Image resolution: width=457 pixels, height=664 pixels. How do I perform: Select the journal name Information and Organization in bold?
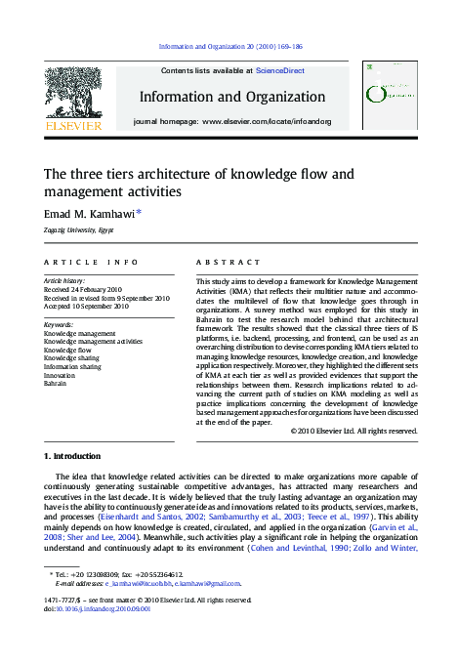coord(231,97)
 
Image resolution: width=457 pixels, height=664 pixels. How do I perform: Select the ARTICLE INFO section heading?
coord(91,263)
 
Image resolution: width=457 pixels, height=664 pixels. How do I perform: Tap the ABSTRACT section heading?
coord(228,263)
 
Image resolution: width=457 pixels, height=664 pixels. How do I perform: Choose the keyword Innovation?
coord(59,375)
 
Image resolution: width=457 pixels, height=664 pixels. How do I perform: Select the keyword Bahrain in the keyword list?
coord(55,384)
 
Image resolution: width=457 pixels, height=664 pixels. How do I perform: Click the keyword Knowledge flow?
coord(66,350)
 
